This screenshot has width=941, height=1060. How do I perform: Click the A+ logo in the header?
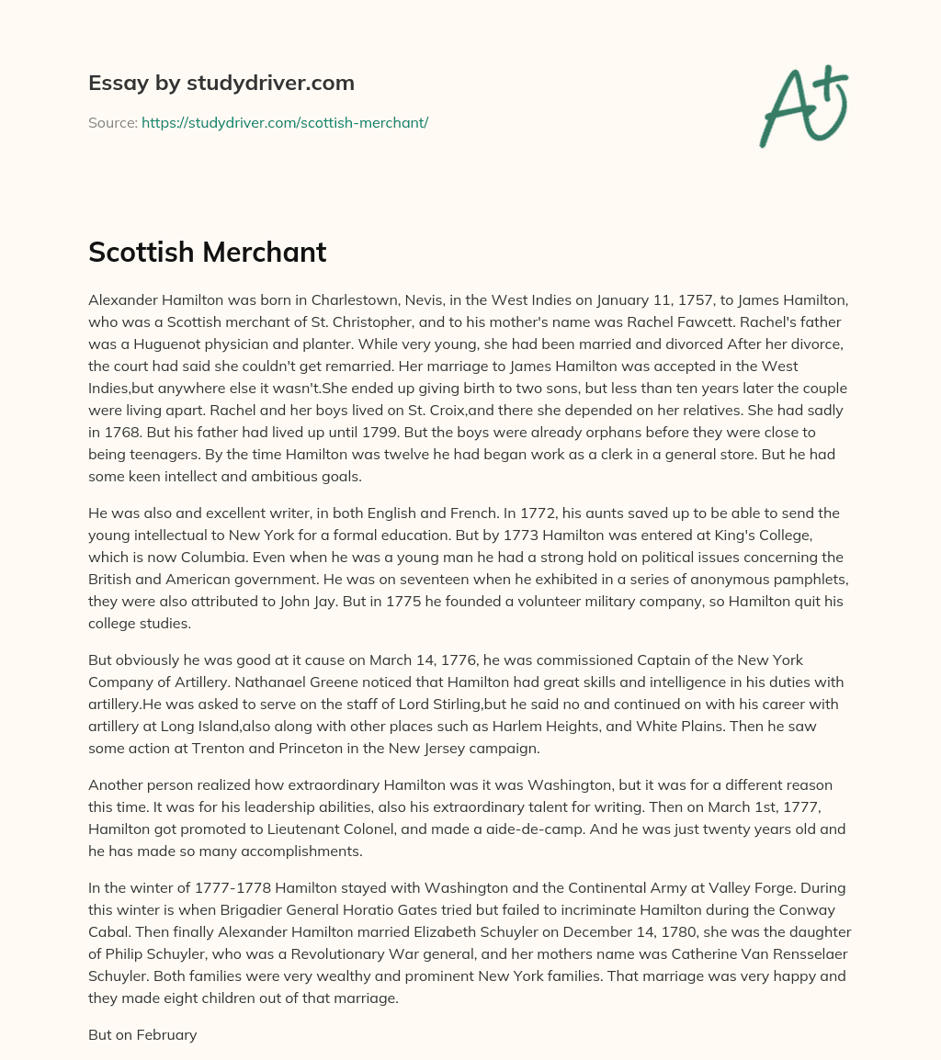803,107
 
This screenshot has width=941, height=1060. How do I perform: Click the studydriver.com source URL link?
285,122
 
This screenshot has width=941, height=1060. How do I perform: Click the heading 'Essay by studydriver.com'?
221,83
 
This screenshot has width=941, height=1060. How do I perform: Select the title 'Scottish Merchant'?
208,252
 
